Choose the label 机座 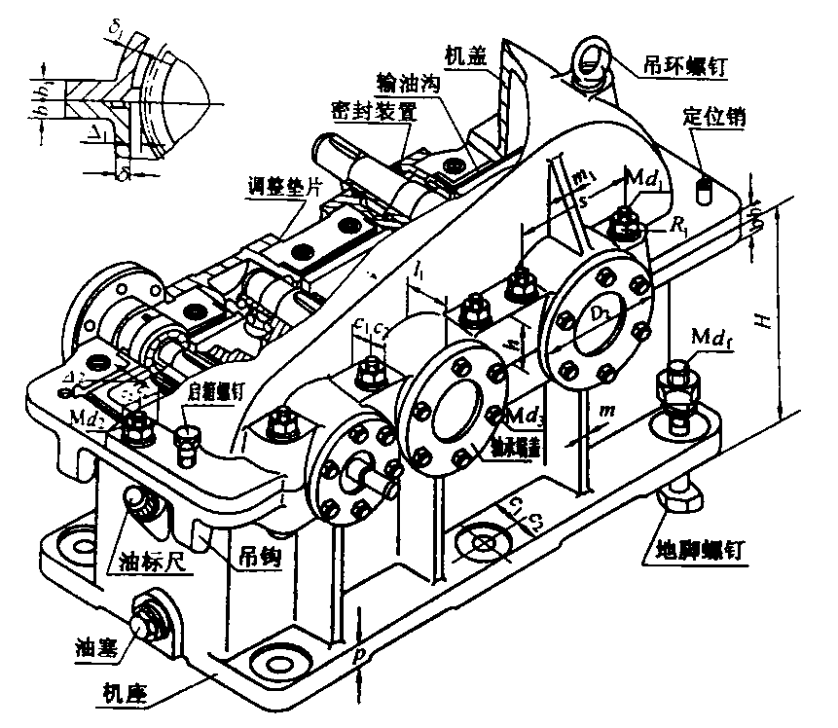click(126, 694)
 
